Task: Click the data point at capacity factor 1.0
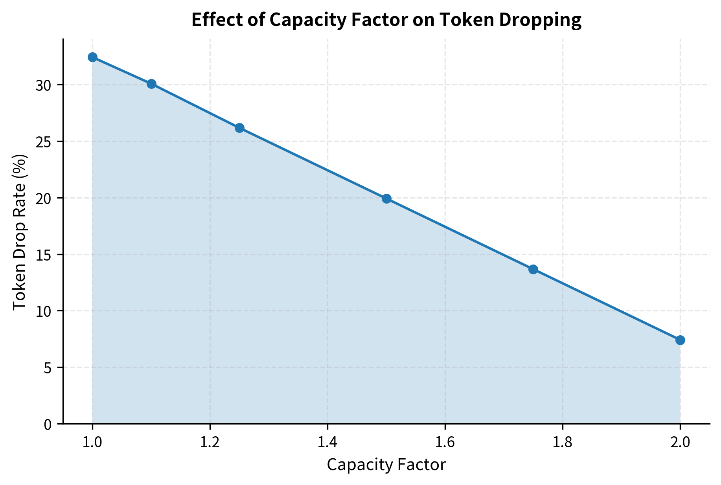[92, 57]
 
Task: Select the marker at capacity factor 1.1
[151, 84]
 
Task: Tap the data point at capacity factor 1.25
[239, 128]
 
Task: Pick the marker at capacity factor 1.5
[386, 198]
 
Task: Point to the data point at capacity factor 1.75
[533, 269]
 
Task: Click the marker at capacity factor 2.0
[680, 340]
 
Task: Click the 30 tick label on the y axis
[43, 85]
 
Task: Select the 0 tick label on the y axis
[48, 424]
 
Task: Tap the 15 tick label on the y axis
[43, 255]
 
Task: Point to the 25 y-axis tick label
[43, 142]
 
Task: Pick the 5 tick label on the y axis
[48, 368]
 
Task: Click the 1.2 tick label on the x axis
[210, 443]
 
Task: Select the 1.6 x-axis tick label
[445, 443]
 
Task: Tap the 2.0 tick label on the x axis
[680, 443]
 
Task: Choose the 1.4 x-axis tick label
[327, 443]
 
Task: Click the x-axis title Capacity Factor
[386, 465]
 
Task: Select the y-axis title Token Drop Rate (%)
[20, 232]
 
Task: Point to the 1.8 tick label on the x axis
[562, 443]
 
